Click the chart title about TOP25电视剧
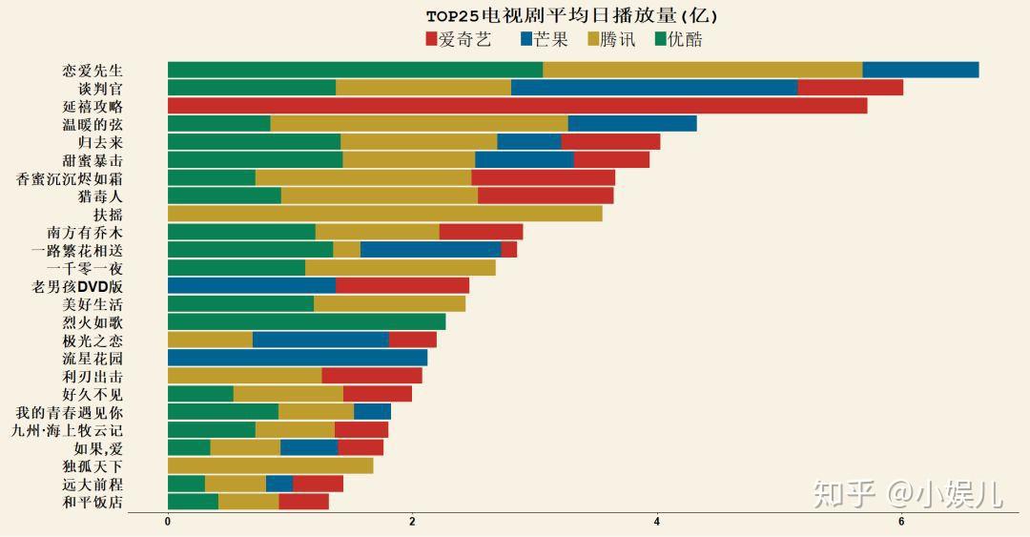point(571,15)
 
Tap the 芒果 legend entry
point(545,39)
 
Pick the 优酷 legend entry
point(679,39)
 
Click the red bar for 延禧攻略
point(517,106)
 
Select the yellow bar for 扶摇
point(384,214)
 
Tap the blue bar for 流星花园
point(297,358)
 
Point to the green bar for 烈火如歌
point(306,321)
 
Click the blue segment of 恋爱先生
point(920,70)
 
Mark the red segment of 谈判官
point(850,88)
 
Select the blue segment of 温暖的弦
point(632,124)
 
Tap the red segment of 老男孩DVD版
point(402,285)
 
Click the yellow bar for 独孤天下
point(270,465)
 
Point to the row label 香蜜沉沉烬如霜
point(70,178)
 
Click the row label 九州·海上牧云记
point(67,429)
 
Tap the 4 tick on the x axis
point(657,522)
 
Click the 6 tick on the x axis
point(901,522)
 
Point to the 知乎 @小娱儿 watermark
point(907,493)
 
